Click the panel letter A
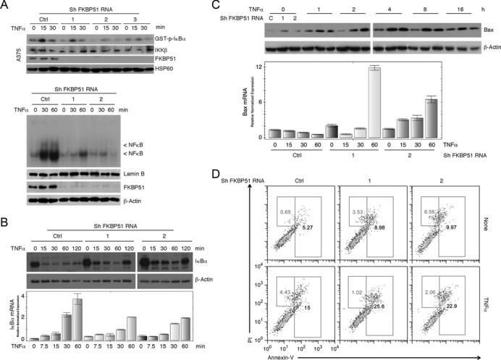pos(6,7)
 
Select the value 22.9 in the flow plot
pos(467,306)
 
